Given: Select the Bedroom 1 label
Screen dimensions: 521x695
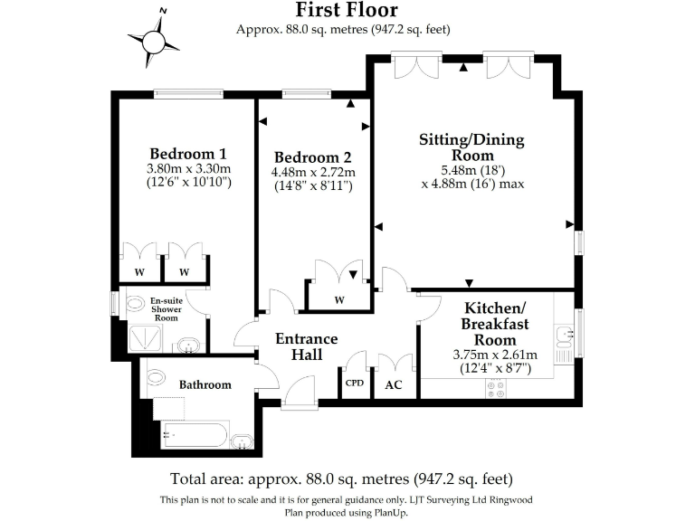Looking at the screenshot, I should click(x=188, y=152).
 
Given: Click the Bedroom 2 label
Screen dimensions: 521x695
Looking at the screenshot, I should click(x=313, y=156).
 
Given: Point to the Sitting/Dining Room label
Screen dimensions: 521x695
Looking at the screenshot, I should click(x=471, y=147).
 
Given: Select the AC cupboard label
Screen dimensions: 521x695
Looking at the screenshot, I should click(x=394, y=384).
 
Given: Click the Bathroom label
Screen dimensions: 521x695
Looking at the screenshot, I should click(x=205, y=384).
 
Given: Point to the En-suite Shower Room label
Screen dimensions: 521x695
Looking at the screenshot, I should click(x=166, y=309).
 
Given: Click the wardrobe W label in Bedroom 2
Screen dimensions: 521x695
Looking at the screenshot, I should click(x=338, y=300).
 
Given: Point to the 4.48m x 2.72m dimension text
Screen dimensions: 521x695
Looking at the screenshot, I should click(x=313, y=172).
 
